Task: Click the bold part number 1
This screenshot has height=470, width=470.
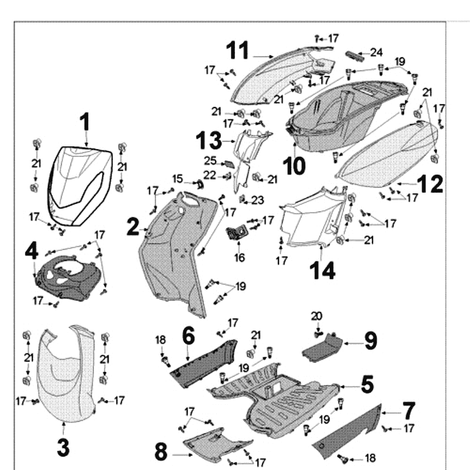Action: pos(85,123)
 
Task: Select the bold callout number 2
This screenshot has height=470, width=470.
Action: pos(133,226)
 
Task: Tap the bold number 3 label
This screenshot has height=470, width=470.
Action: pos(63,447)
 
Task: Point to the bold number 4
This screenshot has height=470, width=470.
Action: pos(31,251)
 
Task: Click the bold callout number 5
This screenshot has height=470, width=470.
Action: pos(367,385)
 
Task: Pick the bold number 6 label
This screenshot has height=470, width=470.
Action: pos(188,336)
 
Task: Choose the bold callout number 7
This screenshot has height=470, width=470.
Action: pos(409,410)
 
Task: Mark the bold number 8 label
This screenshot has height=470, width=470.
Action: pos(161,452)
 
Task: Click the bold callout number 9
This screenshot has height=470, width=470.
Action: pos(370,340)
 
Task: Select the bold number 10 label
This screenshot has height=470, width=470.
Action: pos(294,166)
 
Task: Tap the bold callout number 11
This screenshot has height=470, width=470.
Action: pos(239,51)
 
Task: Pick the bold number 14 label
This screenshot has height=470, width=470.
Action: pos(323,271)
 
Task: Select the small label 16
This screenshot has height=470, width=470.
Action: pos(239,257)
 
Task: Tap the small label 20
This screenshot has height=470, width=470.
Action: pos(317,316)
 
